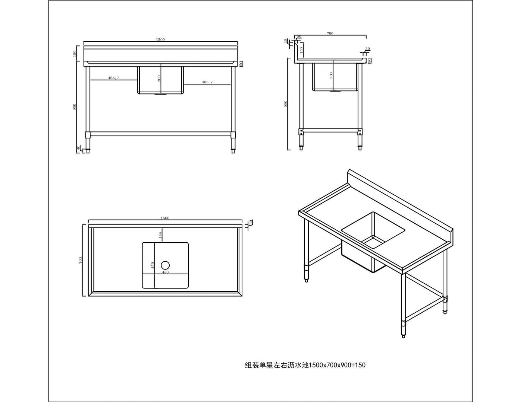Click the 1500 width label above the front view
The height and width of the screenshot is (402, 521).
pyautogui.click(x=160, y=39)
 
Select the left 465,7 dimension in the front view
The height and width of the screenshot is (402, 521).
pyautogui.click(x=113, y=78)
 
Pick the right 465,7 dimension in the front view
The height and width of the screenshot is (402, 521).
pyautogui.click(x=207, y=82)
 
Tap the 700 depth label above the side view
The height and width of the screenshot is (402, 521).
pyautogui.click(x=330, y=33)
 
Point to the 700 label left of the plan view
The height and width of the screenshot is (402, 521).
pyautogui.click(x=81, y=260)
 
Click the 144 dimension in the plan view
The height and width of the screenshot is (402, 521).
pyautogui.click(x=160, y=235)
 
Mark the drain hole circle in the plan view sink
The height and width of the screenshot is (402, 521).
pyautogui.click(x=165, y=265)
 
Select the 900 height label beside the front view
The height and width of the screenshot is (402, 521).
pyautogui.click(x=75, y=107)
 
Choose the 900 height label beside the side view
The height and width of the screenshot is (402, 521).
pyautogui.click(x=286, y=103)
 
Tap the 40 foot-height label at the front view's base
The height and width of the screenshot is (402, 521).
pyautogui.click(x=78, y=148)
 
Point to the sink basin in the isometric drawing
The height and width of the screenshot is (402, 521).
pyautogui.click(x=373, y=230)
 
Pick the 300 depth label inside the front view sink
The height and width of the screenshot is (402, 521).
pyautogui.click(x=159, y=79)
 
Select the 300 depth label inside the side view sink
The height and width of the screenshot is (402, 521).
pyautogui.click(x=331, y=75)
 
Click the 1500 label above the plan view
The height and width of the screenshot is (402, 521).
pyautogui.click(x=165, y=218)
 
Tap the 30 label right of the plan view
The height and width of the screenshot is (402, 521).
pyautogui.click(x=251, y=222)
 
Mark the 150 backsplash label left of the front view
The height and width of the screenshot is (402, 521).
pyautogui.click(x=75, y=53)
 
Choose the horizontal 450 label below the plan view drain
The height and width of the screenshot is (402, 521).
pyautogui.click(x=165, y=272)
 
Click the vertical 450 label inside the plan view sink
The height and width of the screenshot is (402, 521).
pyautogui.click(x=153, y=265)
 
